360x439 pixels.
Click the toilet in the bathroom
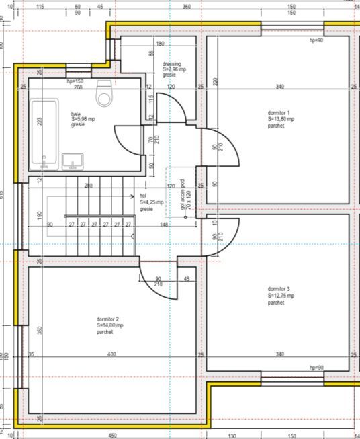coord(104,95)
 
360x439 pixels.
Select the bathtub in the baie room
coord(44,132)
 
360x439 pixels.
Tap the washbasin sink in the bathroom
coord(72,161)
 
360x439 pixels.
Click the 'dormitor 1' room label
coord(278,113)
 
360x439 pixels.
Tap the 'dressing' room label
coord(171,65)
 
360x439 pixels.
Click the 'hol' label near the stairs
coord(143,196)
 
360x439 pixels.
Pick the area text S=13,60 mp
coord(281,119)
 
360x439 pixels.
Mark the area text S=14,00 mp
coord(110,325)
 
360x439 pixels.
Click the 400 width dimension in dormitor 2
coord(111,354)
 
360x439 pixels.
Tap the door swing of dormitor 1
coord(227,148)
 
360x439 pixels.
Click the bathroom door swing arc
coord(124,147)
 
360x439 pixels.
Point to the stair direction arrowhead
coord(134,196)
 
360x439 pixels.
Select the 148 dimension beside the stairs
coord(164,225)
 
